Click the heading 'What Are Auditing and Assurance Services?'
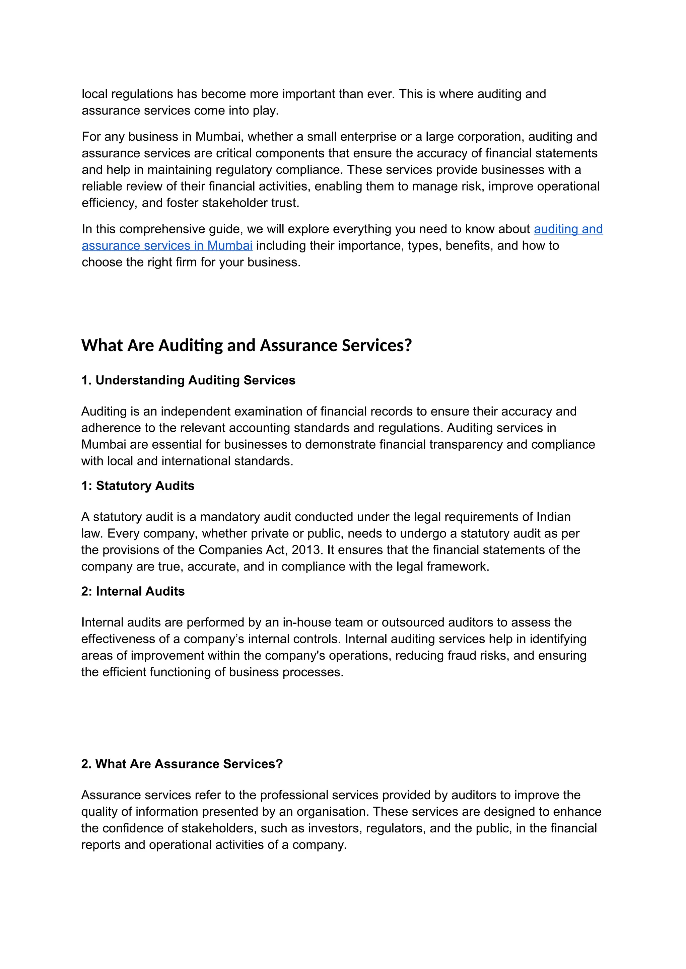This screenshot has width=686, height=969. pos(246,345)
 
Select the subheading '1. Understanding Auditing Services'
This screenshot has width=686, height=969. pos(188,380)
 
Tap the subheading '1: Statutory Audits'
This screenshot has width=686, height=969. pos(138,486)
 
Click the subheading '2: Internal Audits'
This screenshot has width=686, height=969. pos(133,592)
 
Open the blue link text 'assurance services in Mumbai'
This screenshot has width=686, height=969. pos(167,246)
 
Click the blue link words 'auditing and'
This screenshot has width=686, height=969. pos(568,229)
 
